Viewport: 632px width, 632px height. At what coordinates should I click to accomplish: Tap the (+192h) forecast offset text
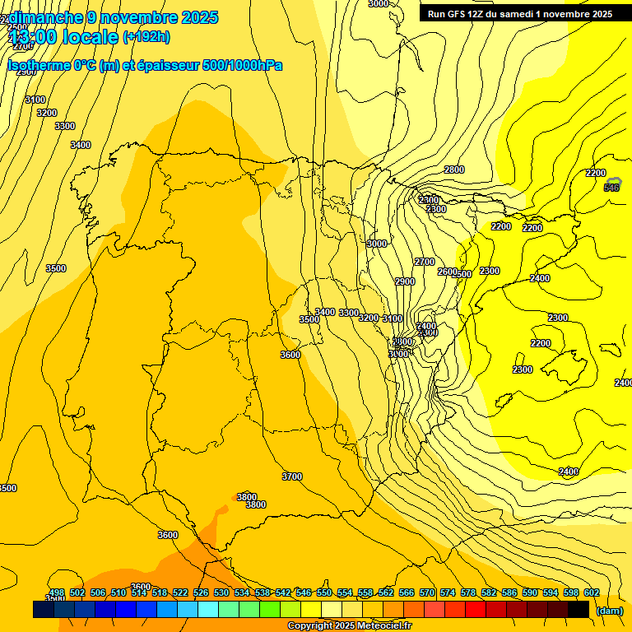tap(146, 36)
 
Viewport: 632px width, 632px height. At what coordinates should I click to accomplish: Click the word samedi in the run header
tap(514, 14)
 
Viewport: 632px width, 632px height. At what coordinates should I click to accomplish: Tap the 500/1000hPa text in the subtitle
tap(242, 66)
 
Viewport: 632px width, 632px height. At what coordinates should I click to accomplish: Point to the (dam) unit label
tap(609, 610)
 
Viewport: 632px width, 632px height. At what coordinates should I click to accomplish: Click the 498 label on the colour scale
tap(57, 592)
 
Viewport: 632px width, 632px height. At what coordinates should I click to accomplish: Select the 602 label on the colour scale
tap(592, 592)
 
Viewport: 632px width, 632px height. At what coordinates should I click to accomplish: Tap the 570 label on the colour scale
tap(427, 592)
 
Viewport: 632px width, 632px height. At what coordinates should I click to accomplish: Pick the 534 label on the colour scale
tap(242, 592)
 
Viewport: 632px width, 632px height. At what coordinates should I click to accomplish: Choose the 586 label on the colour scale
tap(509, 592)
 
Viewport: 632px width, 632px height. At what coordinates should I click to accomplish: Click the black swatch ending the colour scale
tap(579, 610)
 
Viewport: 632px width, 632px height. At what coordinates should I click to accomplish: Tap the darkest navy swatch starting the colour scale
tap(44, 610)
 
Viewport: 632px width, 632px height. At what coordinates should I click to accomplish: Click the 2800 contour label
tap(454, 170)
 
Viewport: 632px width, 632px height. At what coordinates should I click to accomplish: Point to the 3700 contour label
tap(291, 476)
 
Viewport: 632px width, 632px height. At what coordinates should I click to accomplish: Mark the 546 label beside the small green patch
tap(611, 188)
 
